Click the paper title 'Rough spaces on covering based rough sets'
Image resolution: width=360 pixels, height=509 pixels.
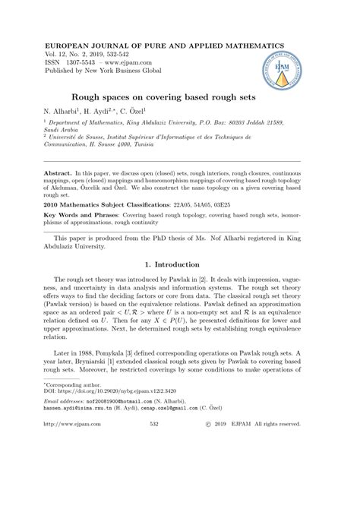point(180,97)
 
